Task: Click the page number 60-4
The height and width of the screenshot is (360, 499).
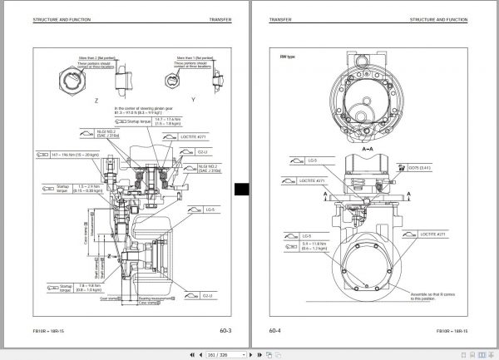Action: pos(274,330)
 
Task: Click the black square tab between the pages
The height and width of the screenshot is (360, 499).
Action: pos(241,190)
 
